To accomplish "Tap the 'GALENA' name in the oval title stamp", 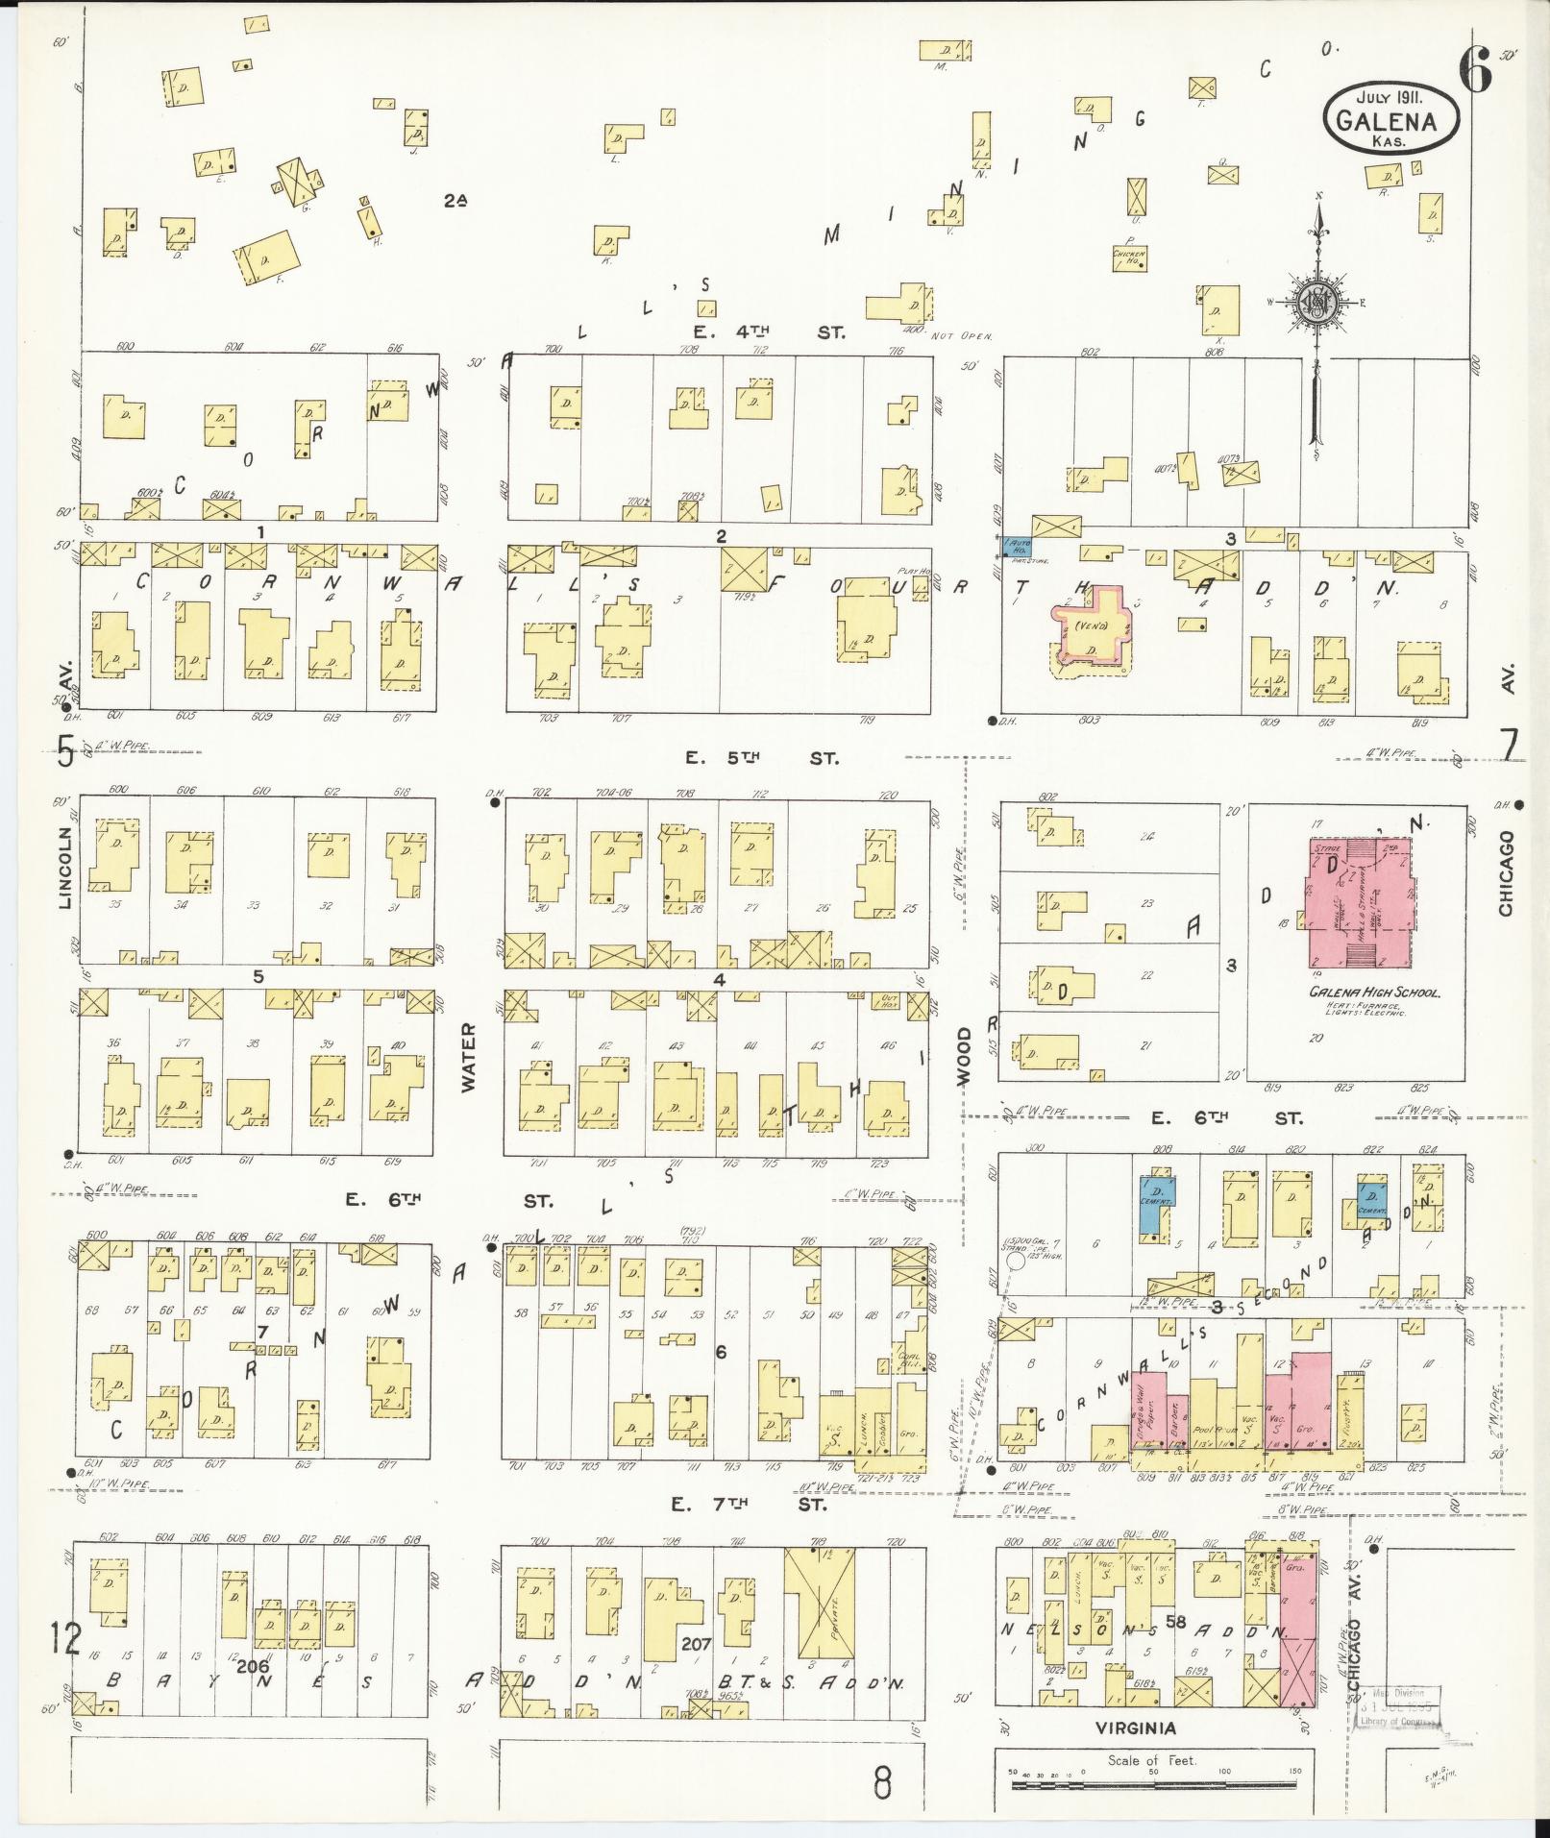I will click(x=1390, y=121).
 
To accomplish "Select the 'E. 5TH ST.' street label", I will click(x=761, y=758).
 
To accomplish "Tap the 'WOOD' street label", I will click(x=964, y=1057).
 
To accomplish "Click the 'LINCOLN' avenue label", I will click(x=65, y=868).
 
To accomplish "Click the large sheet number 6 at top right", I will click(x=1474, y=69).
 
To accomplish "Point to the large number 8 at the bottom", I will click(x=882, y=1782).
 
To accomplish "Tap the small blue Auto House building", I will click(x=1017, y=547).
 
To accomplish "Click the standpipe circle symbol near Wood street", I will click(x=1012, y=1262).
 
